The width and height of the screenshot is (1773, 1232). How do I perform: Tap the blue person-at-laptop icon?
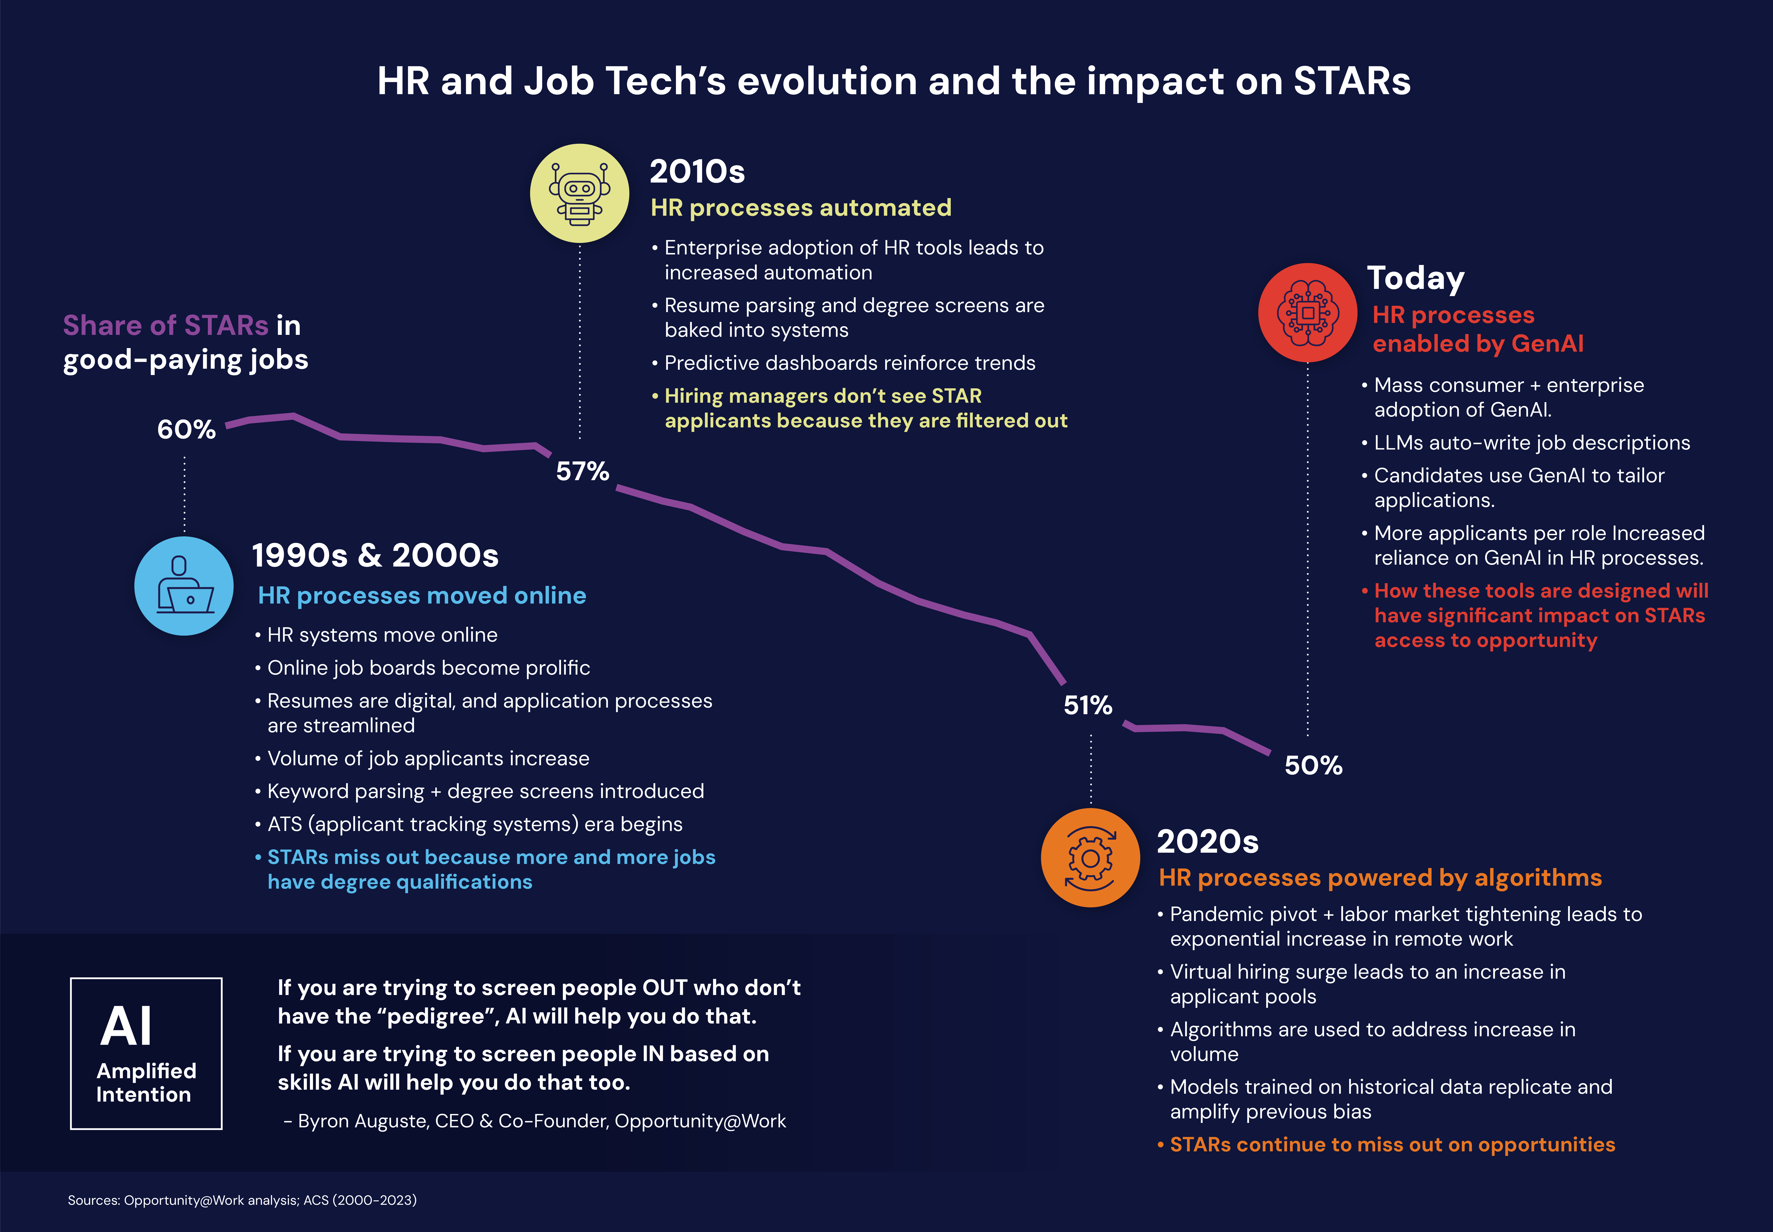(x=184, y=586)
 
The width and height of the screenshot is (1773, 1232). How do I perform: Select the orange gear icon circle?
(x=1090, y=858)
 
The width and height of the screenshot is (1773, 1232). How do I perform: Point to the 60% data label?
(x=186, y=429)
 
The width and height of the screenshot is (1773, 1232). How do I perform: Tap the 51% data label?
(x=1088, y=705)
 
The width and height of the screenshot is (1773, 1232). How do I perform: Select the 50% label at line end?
(x=1313, y=765)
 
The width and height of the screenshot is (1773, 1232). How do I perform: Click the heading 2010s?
(x=697, y=171)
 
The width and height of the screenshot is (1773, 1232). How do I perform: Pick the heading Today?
(x=1416, y=278)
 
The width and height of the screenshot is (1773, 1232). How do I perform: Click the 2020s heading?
(x=1207, y=841)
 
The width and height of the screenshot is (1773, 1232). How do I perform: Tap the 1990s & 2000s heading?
(x=375, y=555)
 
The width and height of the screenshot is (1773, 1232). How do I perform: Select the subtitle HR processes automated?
(x=800, y=208)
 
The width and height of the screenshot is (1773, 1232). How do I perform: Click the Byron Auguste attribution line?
(x=535, y=1121)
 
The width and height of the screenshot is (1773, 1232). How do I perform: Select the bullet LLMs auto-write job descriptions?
(x=1531, y=442)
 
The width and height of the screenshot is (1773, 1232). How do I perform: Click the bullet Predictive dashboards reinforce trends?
(x=849, y=363)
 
